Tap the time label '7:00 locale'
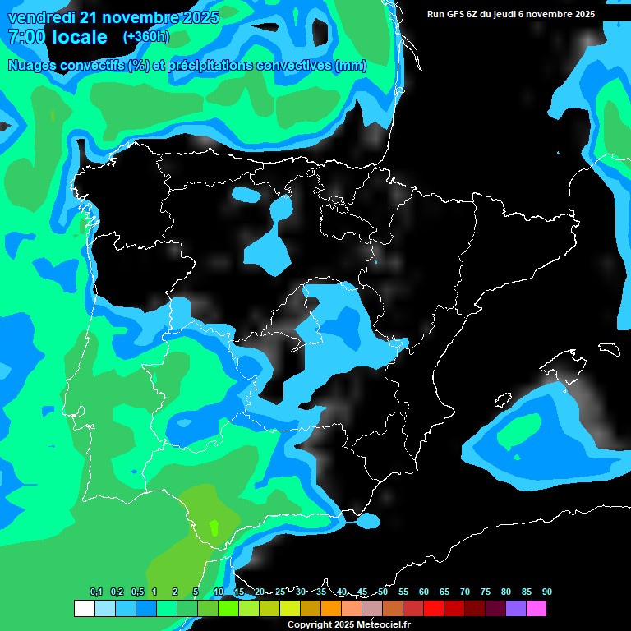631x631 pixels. (58, 37)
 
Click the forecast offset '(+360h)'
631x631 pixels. (146, 37)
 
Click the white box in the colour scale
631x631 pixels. (85, 609)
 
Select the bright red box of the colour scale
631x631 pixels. (434, 609)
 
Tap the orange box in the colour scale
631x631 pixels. (331, 609)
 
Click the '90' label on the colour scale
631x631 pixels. (547, 592)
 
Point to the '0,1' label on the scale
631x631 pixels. (96, 592)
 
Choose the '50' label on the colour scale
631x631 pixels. (383, 592)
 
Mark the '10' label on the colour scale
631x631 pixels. (219, 592)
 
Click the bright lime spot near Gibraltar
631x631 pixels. (214, 527)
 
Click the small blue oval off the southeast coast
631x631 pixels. (367, 520)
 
